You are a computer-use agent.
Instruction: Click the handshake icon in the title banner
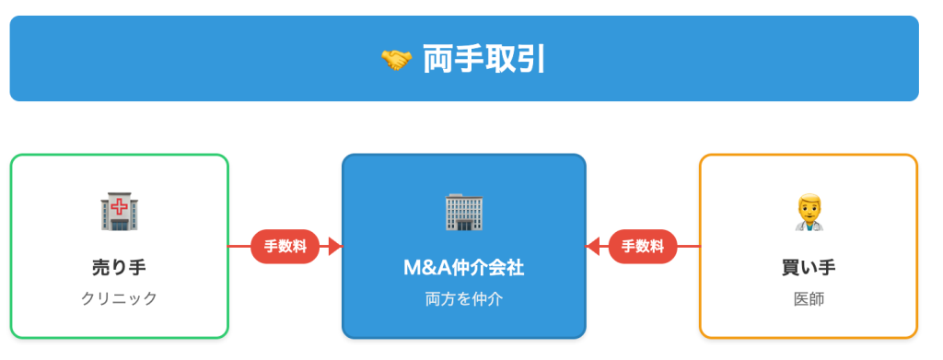395,60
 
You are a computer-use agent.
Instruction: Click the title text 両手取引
484,59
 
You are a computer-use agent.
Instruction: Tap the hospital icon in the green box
119,213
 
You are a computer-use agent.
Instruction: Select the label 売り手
119,268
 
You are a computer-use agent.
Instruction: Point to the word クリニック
119,298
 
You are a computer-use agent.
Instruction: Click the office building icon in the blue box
464,213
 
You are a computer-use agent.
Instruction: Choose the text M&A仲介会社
464,268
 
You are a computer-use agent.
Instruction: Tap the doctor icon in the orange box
809,213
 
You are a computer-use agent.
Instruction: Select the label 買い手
809,268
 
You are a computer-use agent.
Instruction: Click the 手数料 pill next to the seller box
285,246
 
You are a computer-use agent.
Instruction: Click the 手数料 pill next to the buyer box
643,246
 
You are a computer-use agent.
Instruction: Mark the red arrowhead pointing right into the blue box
335,246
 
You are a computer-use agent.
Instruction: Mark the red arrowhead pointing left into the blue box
593,246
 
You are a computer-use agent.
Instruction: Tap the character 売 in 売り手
100,268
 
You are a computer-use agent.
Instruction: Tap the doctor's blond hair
809,200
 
